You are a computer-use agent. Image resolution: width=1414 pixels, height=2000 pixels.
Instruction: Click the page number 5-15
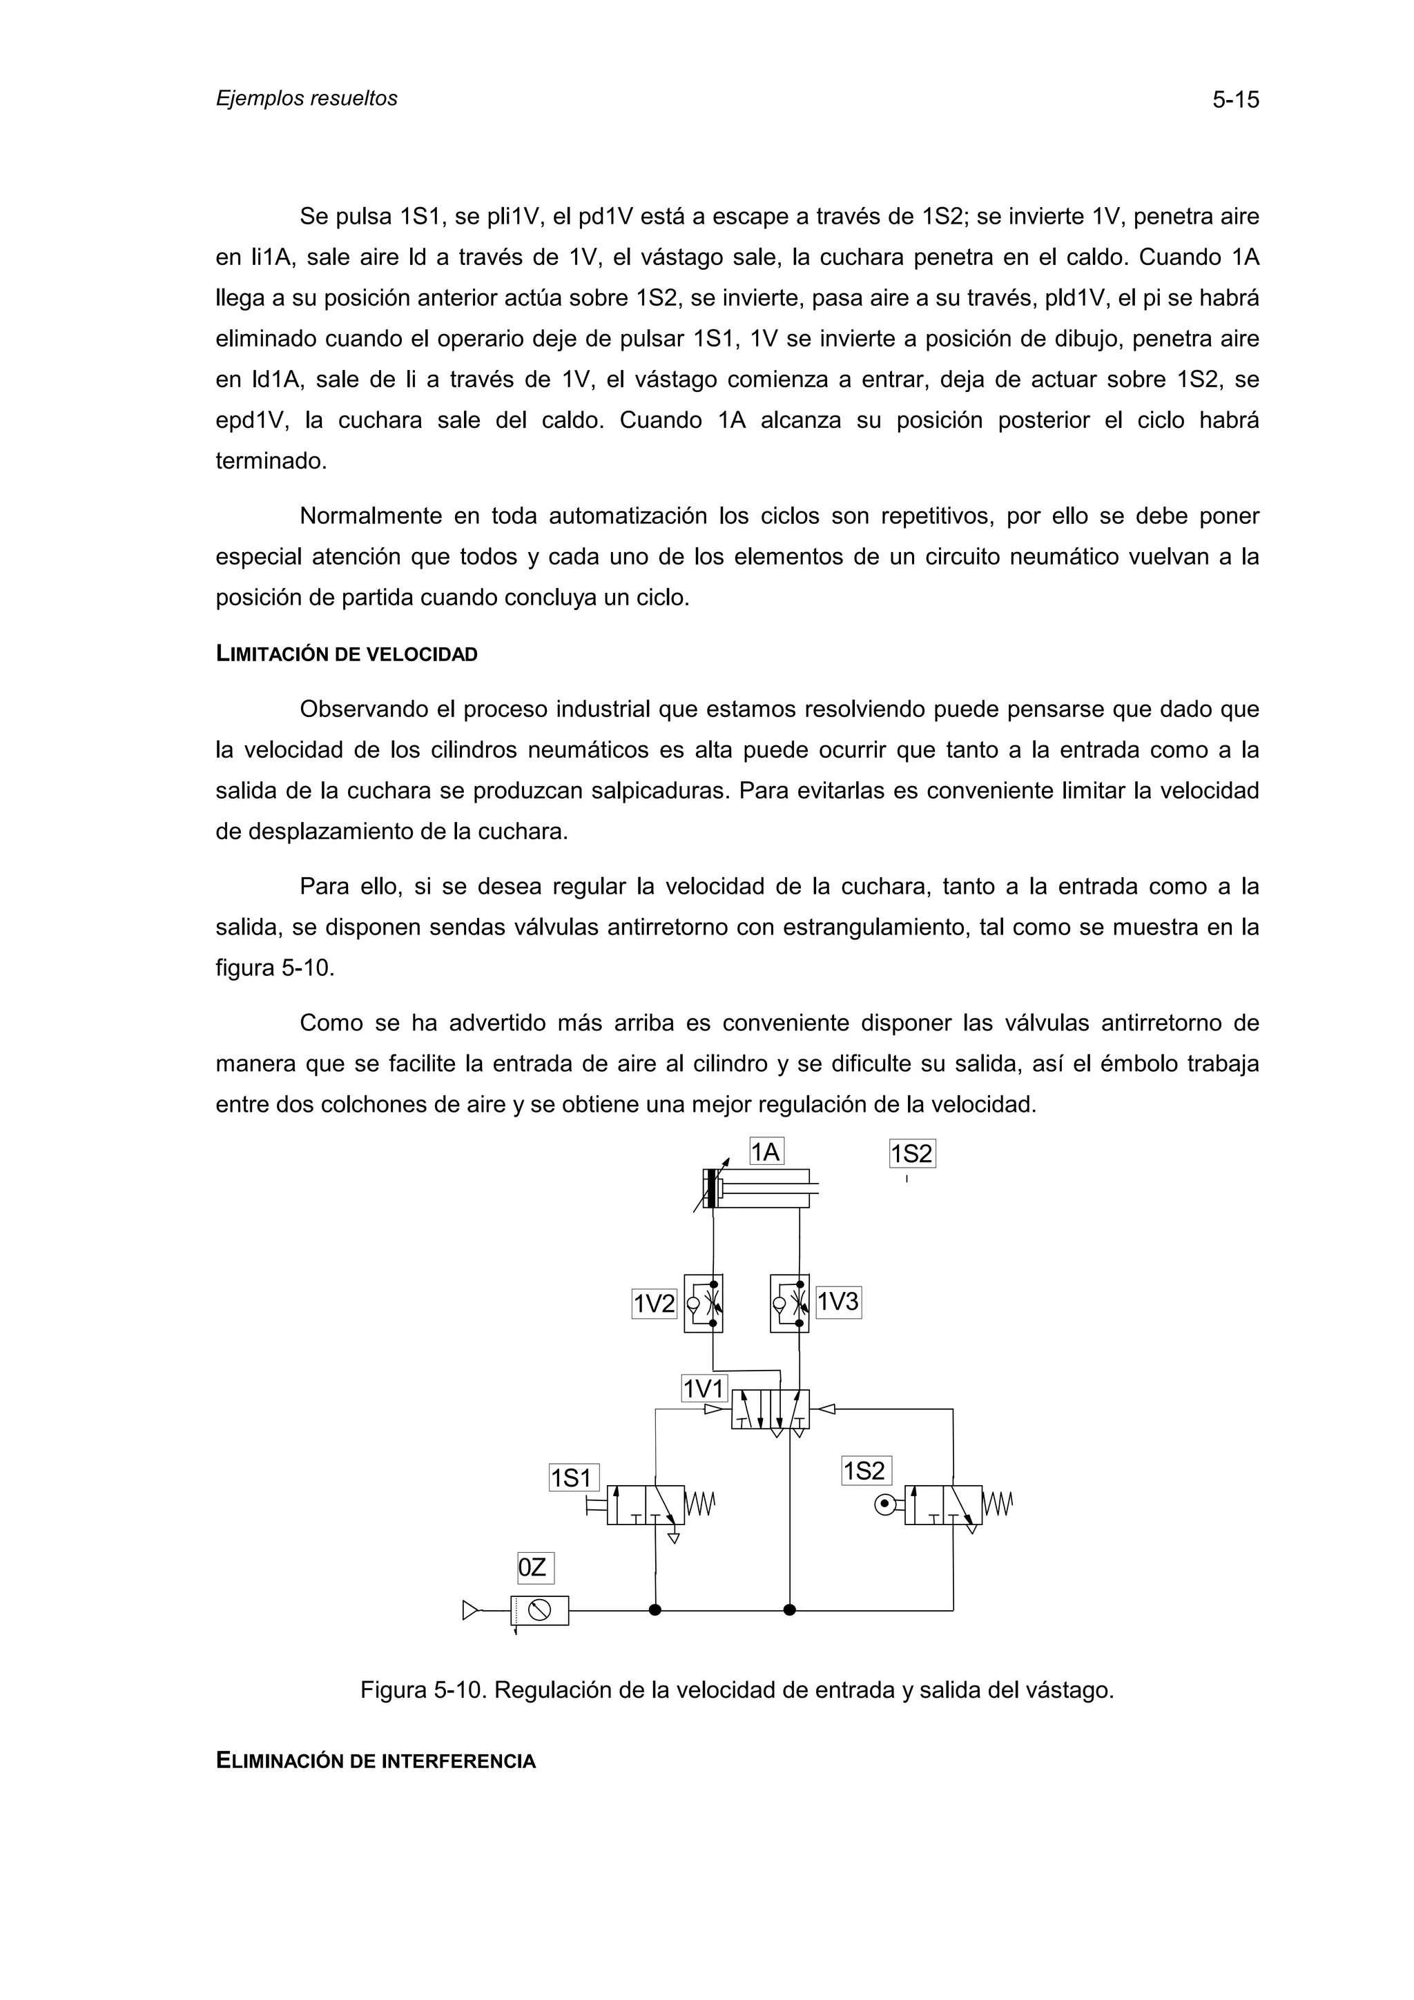tap(1234, 100)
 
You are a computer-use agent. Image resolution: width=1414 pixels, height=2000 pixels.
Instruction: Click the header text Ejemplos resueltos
tap(306, 99)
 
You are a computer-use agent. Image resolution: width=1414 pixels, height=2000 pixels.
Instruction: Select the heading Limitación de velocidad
tap(346, 655)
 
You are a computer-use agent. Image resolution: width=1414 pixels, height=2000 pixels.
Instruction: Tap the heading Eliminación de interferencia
tap(375, 1761)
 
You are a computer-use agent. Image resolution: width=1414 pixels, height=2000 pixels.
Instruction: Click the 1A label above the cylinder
tap(766, 1153)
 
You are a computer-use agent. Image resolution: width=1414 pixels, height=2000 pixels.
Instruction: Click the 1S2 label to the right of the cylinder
tap(911, 1154)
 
